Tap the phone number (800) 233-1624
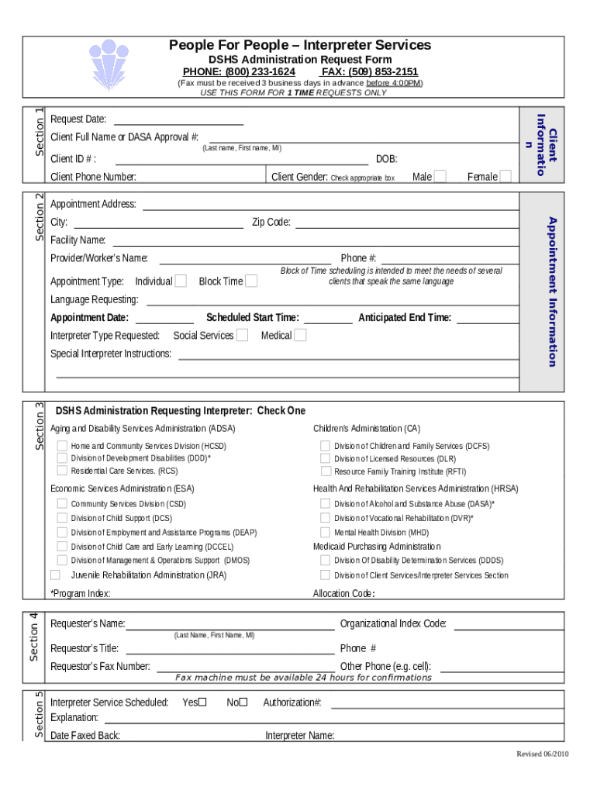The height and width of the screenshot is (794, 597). coord(239,71)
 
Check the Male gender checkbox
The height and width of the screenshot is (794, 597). coord(440,177)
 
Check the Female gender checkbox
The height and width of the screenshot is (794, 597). coord(506,177)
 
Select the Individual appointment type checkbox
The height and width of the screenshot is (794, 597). coord(181,281)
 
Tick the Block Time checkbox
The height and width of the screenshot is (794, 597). coord(251,281)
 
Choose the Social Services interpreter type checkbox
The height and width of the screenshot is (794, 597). coord(242,335)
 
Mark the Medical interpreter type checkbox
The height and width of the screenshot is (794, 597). coord(300,335)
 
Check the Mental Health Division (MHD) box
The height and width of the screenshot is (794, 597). coord(326,532)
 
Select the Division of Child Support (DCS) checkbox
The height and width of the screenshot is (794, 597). coord(62,517)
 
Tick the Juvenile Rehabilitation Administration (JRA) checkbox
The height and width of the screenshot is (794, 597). coord(55,575)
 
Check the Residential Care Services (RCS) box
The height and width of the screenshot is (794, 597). coord(62,471)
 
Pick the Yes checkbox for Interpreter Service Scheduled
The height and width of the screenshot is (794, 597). coord(202,703)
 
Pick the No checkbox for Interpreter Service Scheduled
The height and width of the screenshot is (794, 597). coord(243,703)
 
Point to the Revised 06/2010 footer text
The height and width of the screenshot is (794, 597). coord(543,754)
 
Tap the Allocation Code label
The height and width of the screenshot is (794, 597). coord(343,594)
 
